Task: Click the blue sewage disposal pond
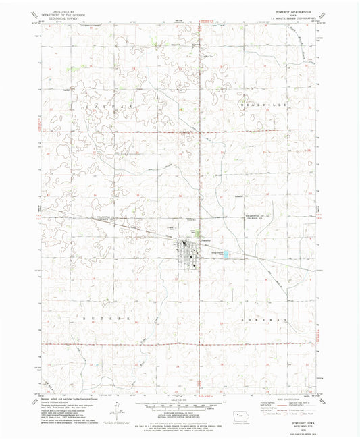point(226,255)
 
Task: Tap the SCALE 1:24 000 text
point(180,399)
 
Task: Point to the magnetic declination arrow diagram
point(116,408)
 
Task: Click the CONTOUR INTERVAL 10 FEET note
point(180,412)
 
